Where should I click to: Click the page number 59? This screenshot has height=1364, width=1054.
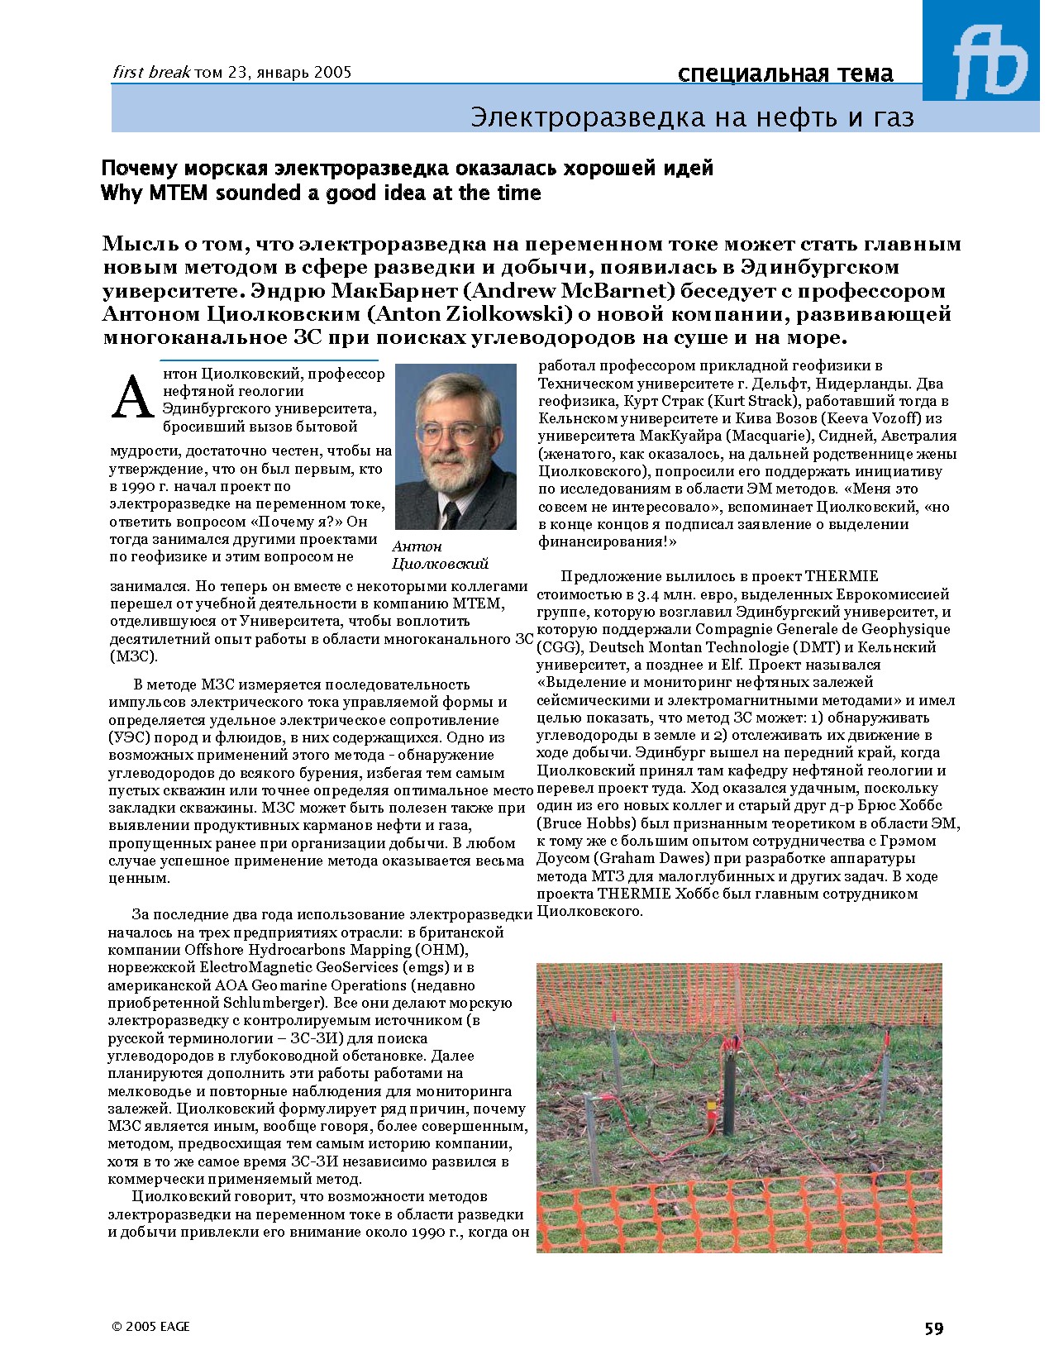(x=933, y=1328)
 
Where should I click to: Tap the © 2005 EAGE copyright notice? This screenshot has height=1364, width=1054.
(x=151, y=1326)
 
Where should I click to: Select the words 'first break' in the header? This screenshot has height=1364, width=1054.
(x=151, y=72)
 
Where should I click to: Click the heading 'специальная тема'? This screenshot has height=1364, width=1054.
(x=785, y=74)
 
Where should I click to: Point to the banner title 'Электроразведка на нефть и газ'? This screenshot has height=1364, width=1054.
(x=692, y=117)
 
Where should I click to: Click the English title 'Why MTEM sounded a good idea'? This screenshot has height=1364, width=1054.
(x=320, y=193)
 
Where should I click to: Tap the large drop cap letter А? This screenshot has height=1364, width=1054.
(x=132, y=398)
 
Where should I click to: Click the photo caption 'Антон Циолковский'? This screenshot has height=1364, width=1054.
(x=440, y=555)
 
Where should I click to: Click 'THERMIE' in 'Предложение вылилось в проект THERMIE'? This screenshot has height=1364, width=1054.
(x=842, y=576)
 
